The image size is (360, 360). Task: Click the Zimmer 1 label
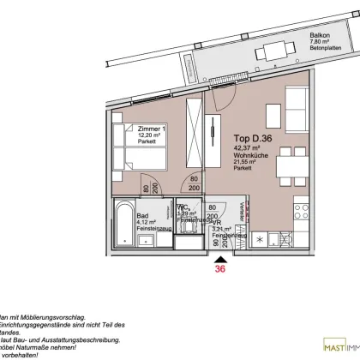pos(151,128)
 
